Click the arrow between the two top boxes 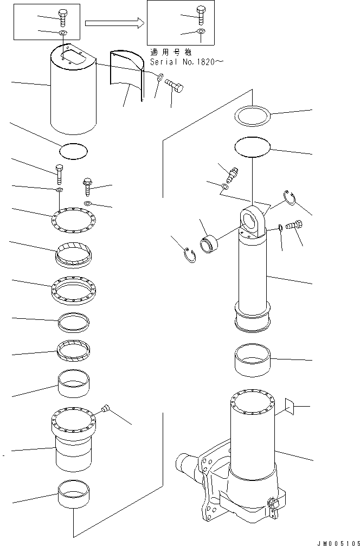pos(114,23)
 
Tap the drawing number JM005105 pos(337,541)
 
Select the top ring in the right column pos(253,115)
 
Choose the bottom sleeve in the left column pos(73,494)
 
